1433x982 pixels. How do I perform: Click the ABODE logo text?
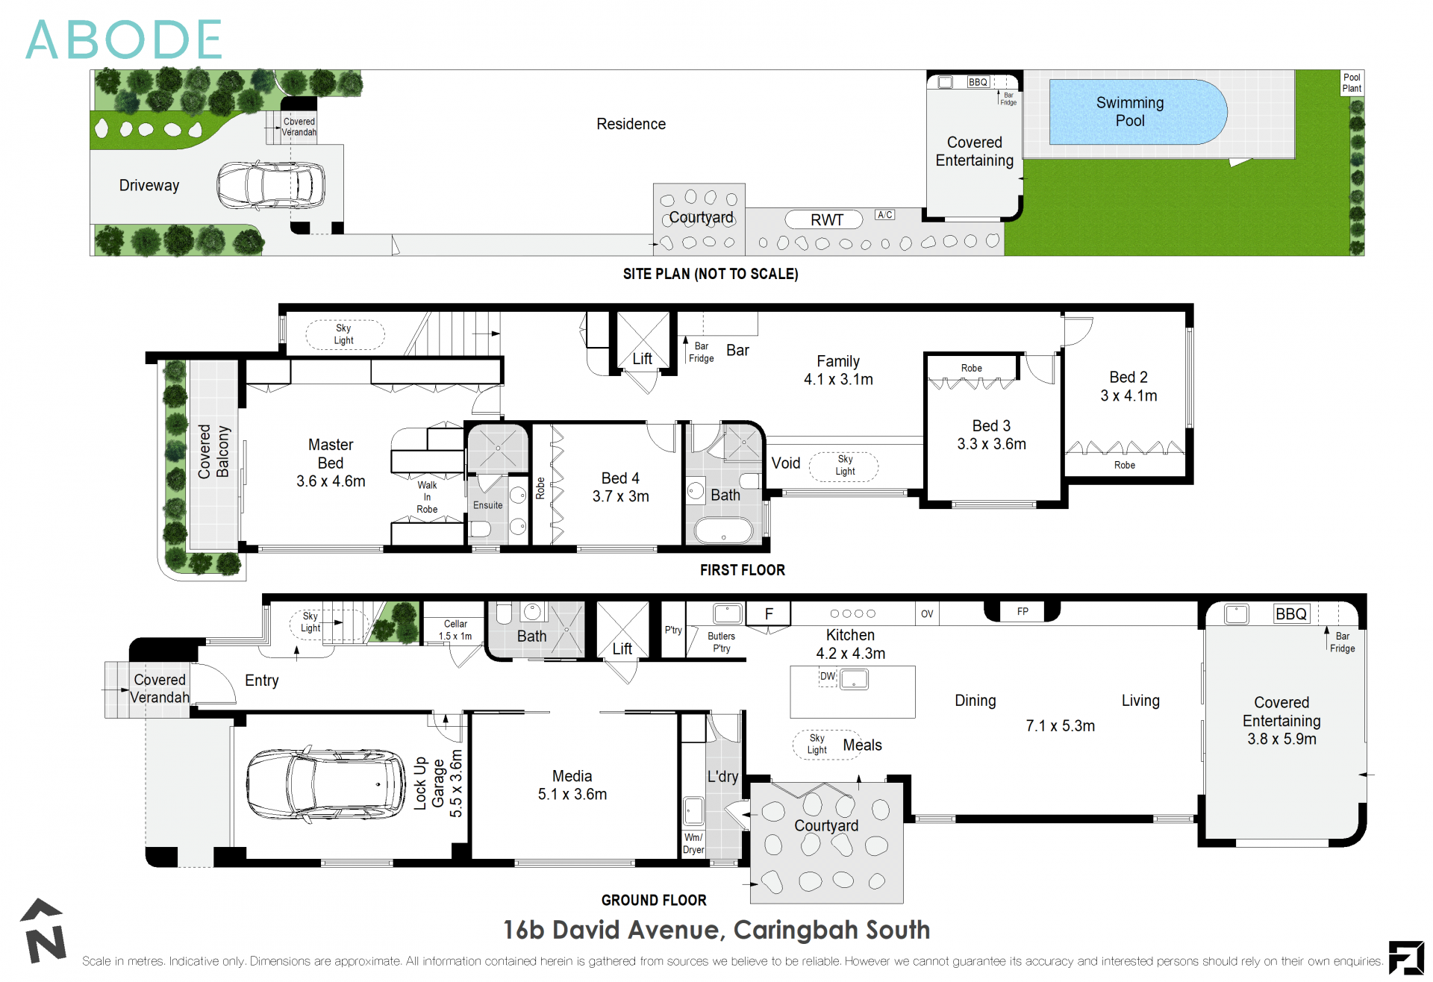(x=124, y=40)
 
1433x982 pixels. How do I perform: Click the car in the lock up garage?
(x=325, y=784)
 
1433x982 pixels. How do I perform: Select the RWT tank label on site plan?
(x=825, y=219)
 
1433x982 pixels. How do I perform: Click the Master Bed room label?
(x=330, y=454)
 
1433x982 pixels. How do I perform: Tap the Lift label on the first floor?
(x=642, y=359)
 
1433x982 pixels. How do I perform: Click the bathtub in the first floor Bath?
(x=723, y=531)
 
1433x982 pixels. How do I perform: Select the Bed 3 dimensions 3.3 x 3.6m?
(x=991, y=444)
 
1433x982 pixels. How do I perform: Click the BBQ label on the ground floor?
(x=1290, y=613)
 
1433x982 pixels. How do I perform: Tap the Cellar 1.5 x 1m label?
(x=455, y=630)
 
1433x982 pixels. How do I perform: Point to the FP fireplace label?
(x=1023, y=611)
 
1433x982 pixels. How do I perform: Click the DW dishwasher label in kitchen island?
(x=827, y=676)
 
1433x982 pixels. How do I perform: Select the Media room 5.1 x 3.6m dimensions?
(x=572, y=795)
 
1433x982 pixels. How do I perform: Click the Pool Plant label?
(x=1351, y=82)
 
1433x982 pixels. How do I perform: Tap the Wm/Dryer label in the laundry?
(x=693, y=843)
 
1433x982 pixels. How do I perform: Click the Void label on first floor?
(x=785, y=463)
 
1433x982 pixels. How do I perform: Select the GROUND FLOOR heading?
(x=654, y=900)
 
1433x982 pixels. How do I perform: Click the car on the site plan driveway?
(x=271, y=185)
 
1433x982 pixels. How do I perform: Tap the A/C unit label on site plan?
(x=884, y=215)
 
